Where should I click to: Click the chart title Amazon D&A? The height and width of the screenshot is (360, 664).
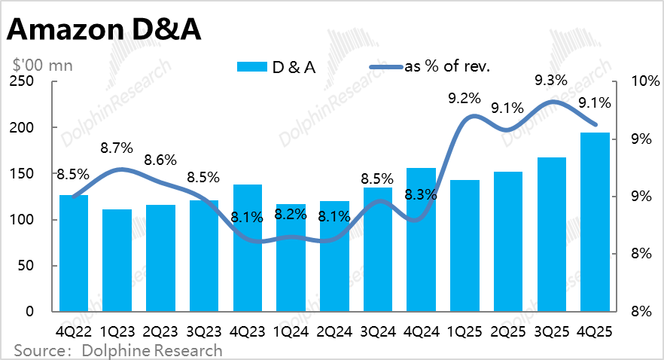pyautogui.click(x=106, y=31)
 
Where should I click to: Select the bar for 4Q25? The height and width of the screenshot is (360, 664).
pyautogui.click(x=595, y=222)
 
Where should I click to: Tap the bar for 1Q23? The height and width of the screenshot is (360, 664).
pyautogui.click(x=117, y=261)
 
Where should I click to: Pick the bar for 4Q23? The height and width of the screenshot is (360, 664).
pyautogui.click(x=247, y=248)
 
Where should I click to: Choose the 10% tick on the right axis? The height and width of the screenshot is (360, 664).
pyautogui.click(x=638, y=82)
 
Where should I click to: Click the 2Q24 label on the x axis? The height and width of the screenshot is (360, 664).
pyautogui.click(x=334, y=331)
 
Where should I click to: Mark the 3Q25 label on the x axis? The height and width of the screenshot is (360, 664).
pyautogui.click(x=552, y=331)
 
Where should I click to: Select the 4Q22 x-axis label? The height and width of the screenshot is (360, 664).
pyautogui.click(x=74, y=331)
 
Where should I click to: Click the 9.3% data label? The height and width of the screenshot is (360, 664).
pyautogui.click(x=551, y=79)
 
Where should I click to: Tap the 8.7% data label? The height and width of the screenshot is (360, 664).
pyautogui.click(x=116, y=148)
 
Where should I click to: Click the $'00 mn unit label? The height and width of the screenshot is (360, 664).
pyautogui.click(x=41, y=66)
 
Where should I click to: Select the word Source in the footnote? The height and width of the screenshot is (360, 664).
pyautogui.click(x=37, y=350)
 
